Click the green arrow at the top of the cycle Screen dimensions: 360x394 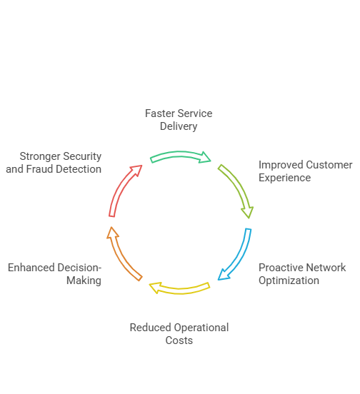pyautogui.click(x=180, y=154)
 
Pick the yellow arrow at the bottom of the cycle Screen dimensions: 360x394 pyautogui.click(x=180, y=291)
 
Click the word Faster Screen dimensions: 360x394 pyautogui.click(x=158, y=113)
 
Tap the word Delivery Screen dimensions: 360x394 pyautogui.click(x=179, y=126)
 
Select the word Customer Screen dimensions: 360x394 pyautogui.click(x=329, y=165)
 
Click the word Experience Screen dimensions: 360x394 pyautogui.click(x=284, y=178)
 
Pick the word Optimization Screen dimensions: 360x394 pyautogui.click(x=289, y=281)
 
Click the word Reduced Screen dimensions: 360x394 pyautogui.click(x=150, y=328)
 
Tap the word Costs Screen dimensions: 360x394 pyautogui.click(x=179, y=340)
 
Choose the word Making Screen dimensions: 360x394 pyautogui.click(x=84, y=281)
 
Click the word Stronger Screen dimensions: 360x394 pyautogui.click(x=40, y=156)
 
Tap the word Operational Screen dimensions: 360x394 pyautogui.click(x=201, y=328)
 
